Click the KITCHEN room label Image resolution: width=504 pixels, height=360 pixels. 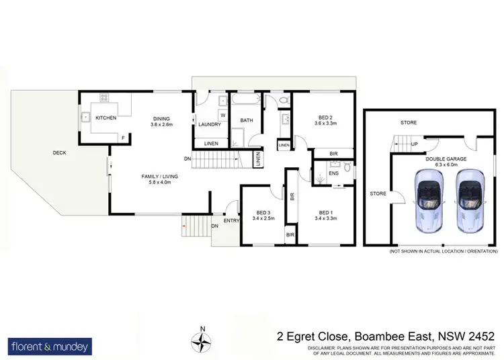106,118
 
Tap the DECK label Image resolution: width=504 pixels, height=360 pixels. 60,153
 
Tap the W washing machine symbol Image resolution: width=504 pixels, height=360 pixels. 222,114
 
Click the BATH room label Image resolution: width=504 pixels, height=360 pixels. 246,121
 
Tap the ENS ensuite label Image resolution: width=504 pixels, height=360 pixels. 334,173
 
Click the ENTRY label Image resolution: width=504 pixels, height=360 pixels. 232,220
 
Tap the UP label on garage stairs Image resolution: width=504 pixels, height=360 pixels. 414,144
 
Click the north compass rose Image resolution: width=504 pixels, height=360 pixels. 201,341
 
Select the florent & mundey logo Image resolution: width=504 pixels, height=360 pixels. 50,347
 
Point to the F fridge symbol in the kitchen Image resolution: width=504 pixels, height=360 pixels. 123,138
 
